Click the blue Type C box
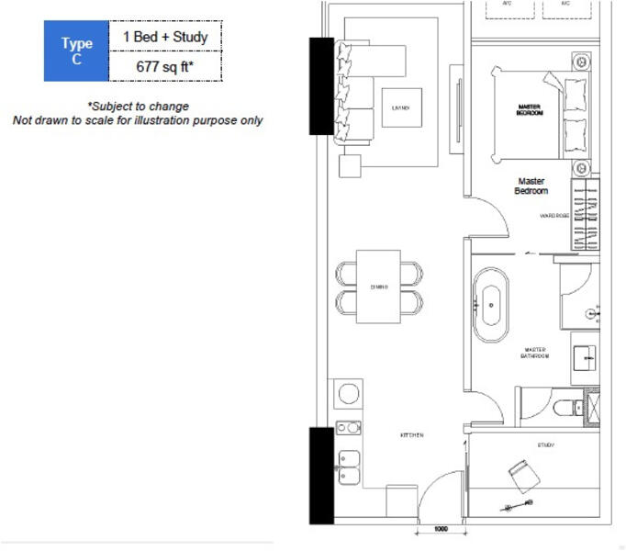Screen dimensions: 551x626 (76, 51)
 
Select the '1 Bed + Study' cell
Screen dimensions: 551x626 (165, 37)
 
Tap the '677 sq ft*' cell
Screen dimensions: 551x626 (165, 66)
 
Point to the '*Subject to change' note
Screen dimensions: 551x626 (138, 107)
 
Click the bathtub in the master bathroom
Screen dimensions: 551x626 (492, 300)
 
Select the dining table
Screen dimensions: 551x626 (379, 287)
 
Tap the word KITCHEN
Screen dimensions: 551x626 (410, 434)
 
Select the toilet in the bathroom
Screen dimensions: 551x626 (566, 405)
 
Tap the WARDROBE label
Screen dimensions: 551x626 (554, 216)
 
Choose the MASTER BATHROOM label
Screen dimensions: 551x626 (536, 353)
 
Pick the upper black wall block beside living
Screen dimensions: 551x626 (321, 86)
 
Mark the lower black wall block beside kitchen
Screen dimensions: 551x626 (321, 476)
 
